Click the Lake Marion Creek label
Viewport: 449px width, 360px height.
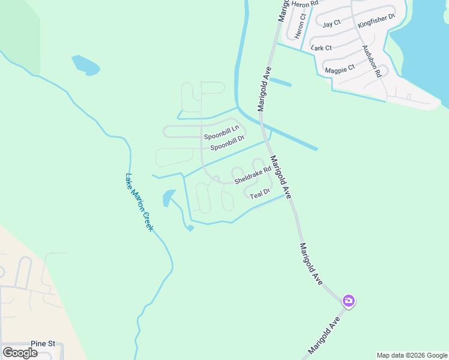(139, 203)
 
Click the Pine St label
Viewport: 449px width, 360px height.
(43, 344)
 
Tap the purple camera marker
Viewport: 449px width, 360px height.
(348, 301)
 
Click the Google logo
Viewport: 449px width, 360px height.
(20, 353)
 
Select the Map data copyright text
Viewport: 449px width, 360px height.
(412, 355)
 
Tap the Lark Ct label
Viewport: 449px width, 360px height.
(322, 48)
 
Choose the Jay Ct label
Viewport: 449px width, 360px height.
(331, 24)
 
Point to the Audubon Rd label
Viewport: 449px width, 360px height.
(372, 62)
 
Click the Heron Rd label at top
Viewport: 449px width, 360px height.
(304, 4)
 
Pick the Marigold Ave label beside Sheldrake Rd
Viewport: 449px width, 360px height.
(280, 178)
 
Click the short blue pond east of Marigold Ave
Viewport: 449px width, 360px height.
(280, 82)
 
